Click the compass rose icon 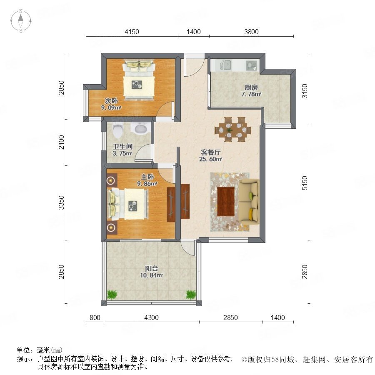pyautogui.click(x=21, y=21)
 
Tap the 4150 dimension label pyautogui.click(x=132, y=32)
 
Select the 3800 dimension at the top pyautogui.click(x=251, y=32)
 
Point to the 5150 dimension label pyautogui.click(x=305, y=183)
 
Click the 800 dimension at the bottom pyautogui.click(x=95, y=317)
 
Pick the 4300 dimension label pyautogui.click(x=151, y=317)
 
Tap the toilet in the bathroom pyautogui.click(x=117, y=130)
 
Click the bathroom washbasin pyautogui.click(x=141, y=128)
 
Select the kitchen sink pyautogui.click(x=224, y=65)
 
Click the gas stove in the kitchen pyautogui.click(x=251, y=65)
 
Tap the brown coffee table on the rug pyautogui.click(x=226, y=201)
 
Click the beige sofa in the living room pyautogui.click(x=249, y=202)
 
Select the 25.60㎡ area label pyautogui.click(x=211, y=159)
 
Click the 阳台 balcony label pyautogui.click(x=151, y=269)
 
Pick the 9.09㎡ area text pyautogui.click(x=111, y=107)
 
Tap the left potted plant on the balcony pyautogui.click(x=112, y=295)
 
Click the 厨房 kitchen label pyautogui.click(x=251, y=87)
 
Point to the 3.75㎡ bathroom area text pyautogui.click(x=122, y=153)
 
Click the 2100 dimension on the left pyautogui.click(x=62, y=142)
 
